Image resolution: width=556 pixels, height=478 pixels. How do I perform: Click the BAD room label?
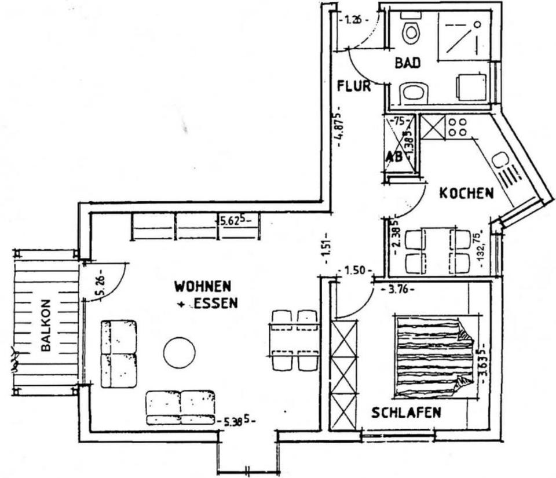[408, 63]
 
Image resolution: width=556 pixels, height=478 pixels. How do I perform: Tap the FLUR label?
[353, 87]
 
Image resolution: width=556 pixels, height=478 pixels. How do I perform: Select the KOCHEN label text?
[466, 193]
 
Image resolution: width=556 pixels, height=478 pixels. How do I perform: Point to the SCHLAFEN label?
[406, 413]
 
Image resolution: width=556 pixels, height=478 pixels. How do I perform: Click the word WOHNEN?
[203, 286]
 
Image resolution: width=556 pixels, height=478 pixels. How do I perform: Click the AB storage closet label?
[394, 156]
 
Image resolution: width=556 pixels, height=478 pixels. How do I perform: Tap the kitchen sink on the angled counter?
[499, 159]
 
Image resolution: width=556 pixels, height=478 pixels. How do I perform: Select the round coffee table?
[179, 353]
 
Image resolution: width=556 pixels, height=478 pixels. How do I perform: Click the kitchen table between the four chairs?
[438, 250]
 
